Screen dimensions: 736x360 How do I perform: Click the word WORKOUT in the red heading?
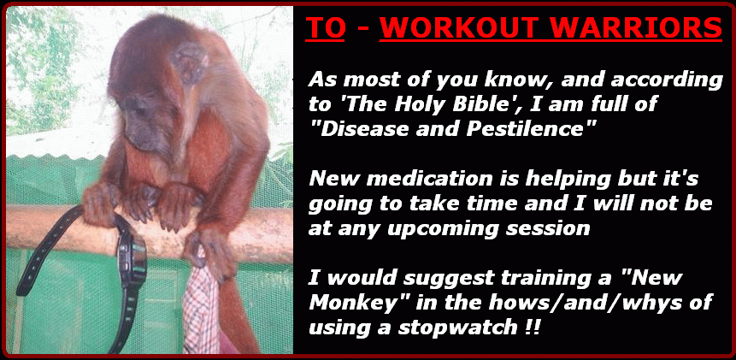[457, 28]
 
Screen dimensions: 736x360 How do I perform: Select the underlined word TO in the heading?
[326, 28]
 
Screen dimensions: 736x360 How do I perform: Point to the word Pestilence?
[529, 128]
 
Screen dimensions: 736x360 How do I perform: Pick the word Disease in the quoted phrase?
[363, 128]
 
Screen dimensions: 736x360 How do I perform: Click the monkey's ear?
[189, 63]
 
